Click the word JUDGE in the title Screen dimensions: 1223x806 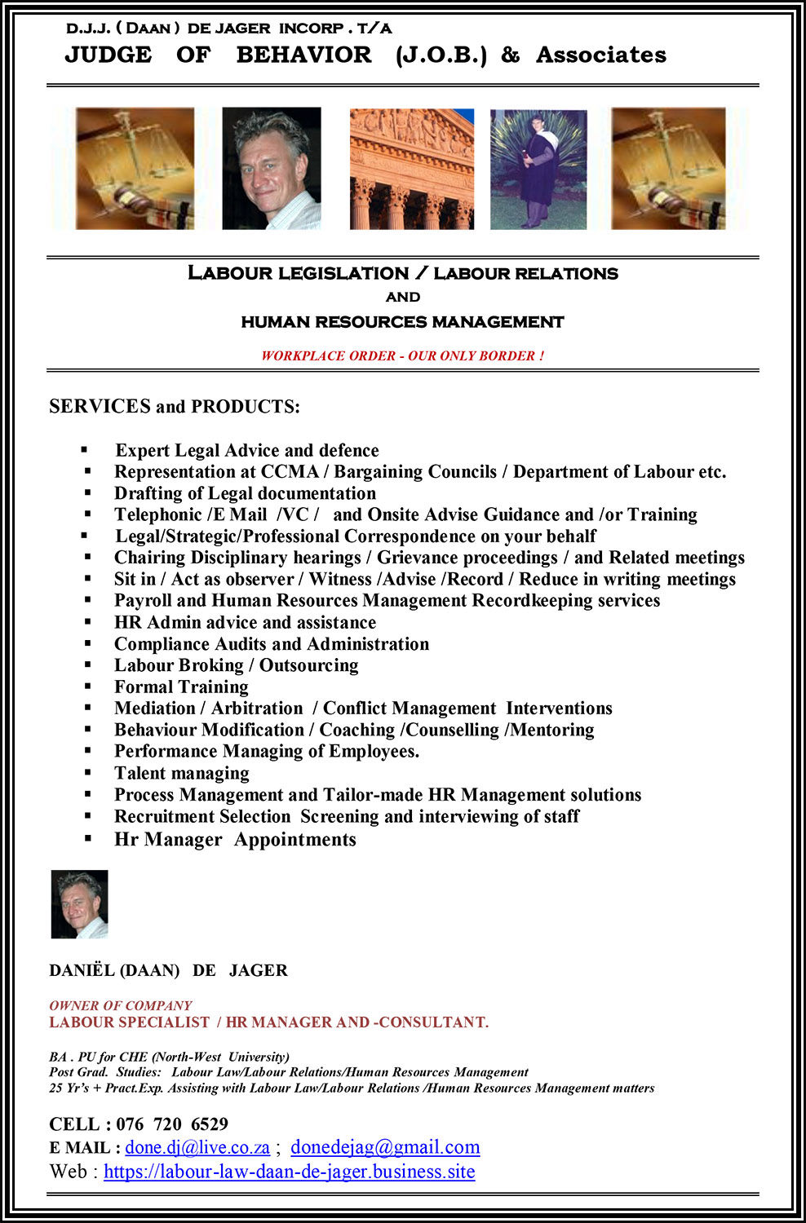pyautogui.click(x=108, y=55)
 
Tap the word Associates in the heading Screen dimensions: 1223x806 pyautogui.click(x=600, y=55)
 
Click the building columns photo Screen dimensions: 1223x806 pyautogui.click(x=411, y=169)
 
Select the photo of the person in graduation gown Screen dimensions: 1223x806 pyautogui.click(x=538, y=170)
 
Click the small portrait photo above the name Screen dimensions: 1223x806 pyautogui.click(x=79, y=904)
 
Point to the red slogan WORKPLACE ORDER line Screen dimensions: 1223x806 pyautogui.click(x=402, y=355)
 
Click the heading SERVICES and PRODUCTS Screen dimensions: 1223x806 pyautogui.click(x=175, y=406)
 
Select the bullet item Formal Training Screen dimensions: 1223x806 pyautogui.click(x=181, y=687)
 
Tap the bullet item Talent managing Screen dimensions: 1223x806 pyautogui.click(x=182, y=773)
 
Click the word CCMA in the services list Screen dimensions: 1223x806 pyautogui.click(x=290, y=471)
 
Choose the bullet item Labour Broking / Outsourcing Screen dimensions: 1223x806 pyautogui.click(x=236, y=665)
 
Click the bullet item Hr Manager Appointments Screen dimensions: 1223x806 pyautogui.click(x=235, y=839)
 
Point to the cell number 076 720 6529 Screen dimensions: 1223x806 pyautogui.click(x=172, y=1124)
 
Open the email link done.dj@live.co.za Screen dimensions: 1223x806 pyautogui.click(x=197, y=1147)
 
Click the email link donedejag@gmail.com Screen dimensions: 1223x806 pyautogui.click(x=385, y=1147)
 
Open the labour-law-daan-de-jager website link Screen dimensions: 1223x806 pyautogui.click(x=289, y=1172)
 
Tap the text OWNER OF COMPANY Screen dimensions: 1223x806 pyautogui.click(x=121, y=1005)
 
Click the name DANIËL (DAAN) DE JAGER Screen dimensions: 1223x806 pyautogui.click(x=168, y=970)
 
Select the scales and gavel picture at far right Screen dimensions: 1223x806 pyautogui.click(x=668, y=169)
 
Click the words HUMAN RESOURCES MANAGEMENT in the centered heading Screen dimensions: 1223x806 pyautogui.click(x=402, y=322)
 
